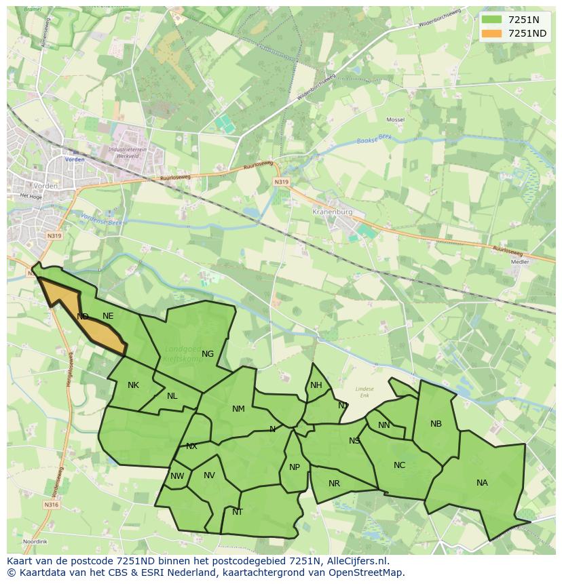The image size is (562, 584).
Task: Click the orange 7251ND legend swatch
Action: [x=493, y=33]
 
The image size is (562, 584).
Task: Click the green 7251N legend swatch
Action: [x=493, y=20]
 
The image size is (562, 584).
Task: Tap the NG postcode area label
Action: [x=208, y=353]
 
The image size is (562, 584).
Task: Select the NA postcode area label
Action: [x=482, y=483]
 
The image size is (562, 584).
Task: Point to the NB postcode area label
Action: [x=436, y=424]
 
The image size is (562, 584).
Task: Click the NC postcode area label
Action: [x=399, y=465]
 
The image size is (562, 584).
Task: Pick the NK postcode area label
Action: [x=133, y=385]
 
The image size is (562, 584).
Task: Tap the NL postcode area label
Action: [x=172, y=396]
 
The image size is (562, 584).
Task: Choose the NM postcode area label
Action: [x=238, y=409]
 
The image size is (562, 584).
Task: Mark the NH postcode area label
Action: [x=316, y=385]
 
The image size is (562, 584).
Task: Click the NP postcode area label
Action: [x=295, y=467]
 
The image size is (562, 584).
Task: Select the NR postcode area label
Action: [x=334, y=484]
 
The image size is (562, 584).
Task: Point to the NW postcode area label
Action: [x=177, y=476]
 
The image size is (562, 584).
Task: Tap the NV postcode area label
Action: [x=209, y=475]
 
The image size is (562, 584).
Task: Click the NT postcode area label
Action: [x=238, y=512]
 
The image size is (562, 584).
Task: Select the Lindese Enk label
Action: [x=364, y=391]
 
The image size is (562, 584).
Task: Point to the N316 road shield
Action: [x=52, y=505]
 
